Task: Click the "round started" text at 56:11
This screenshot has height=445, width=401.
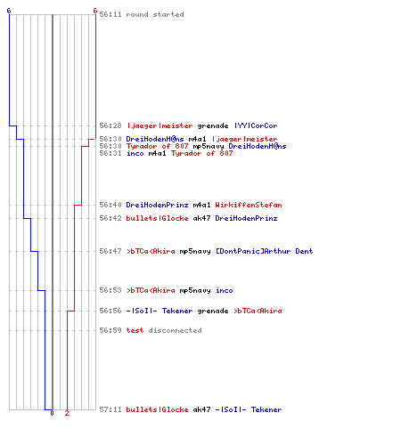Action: (x=155, y=14)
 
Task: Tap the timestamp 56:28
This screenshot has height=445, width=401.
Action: (x=110, y=125)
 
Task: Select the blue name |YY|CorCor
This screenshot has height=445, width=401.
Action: (x=256, y=125)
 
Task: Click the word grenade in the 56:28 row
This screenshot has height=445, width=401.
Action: (x=213, y=126)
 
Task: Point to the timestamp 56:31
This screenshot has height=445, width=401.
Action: (x=110, y=153)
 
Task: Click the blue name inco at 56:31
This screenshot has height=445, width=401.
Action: (x=135, y=153)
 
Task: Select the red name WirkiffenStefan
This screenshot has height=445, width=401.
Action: (x=249, y=205)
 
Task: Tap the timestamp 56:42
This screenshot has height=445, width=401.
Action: (x=110, y=218)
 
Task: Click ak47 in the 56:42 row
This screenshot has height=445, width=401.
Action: (x=201, y=218)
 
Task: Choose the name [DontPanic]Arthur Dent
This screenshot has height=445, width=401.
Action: (x=264, y=251)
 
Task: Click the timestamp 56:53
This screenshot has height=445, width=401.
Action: (x=110, y=290)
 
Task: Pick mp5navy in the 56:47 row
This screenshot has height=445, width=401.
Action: (x=195, y=252)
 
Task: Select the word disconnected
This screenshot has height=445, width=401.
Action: (x=175, y=330)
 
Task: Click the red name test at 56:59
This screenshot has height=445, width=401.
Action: (x=135, y=330)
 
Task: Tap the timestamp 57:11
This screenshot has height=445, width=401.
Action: (x=110, y=409)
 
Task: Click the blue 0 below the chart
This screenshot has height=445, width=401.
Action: (x=52, y=413)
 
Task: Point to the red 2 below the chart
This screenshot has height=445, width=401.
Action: (x=67, y=413)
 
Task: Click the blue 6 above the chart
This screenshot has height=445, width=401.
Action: (x=9, y=11)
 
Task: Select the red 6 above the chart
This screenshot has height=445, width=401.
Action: (x=95, y=11)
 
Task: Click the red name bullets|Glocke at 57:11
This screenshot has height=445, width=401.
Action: (x=157, y=409)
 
